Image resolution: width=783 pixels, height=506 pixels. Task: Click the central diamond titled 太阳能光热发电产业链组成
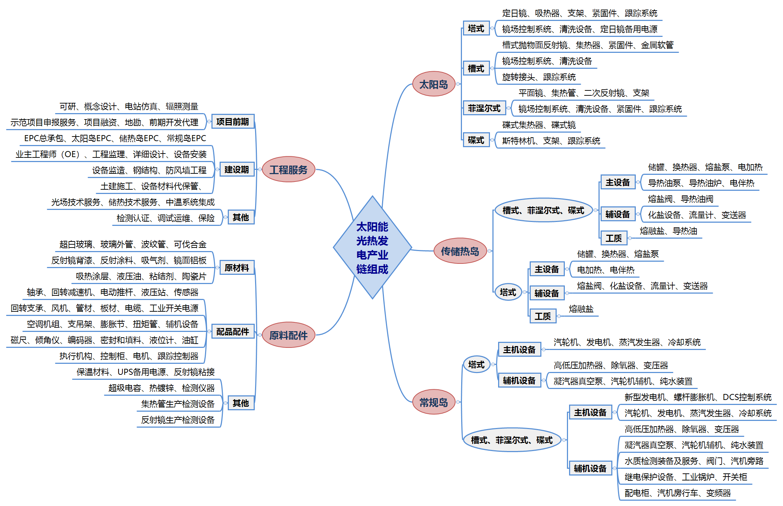[372, 248]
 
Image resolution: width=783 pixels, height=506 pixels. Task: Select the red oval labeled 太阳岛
[434, 84]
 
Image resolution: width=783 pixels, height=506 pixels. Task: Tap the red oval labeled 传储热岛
[460, 251]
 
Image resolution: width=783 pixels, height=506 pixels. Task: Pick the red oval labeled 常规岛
[434, 402]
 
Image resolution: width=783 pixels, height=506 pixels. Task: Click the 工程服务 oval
[288, 169]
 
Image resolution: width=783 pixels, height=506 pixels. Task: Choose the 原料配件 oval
[288, 335]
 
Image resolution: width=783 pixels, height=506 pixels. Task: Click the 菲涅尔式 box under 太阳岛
[484, 108]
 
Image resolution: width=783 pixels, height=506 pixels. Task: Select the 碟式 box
[476, 140]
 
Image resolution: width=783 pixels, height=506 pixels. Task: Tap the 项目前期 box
[233, 122]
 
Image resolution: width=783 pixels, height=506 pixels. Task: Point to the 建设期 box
[237, 169]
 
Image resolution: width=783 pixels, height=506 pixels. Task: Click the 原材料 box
[237, 268]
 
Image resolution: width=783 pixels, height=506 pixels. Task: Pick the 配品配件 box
[233, 332]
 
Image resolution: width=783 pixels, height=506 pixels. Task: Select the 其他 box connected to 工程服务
[241, 217]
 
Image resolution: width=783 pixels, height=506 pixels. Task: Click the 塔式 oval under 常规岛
[476, 364]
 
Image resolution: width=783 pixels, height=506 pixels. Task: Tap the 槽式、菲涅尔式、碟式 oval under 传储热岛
[543, 210]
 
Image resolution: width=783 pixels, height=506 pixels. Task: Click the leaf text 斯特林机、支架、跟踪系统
[551, 141]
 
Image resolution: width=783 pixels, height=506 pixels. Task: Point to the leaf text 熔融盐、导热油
[668, 231]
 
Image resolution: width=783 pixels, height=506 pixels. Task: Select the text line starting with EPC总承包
[115, 138]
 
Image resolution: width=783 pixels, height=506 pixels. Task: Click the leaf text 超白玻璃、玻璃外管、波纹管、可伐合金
[133, 244]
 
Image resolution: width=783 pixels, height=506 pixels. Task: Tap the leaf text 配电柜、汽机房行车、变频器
[678, 493]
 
